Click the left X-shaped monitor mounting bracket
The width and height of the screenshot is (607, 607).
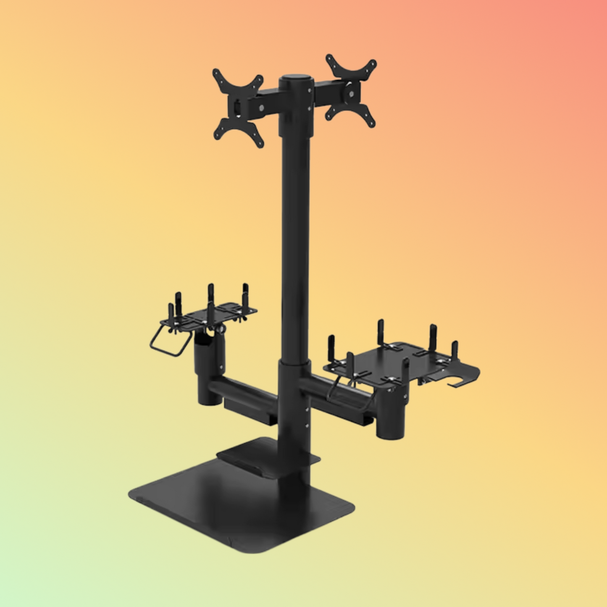tap(238, 108)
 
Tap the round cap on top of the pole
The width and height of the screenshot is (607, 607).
tap(296, 79)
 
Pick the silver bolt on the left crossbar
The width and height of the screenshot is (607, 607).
tap(261, 108)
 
